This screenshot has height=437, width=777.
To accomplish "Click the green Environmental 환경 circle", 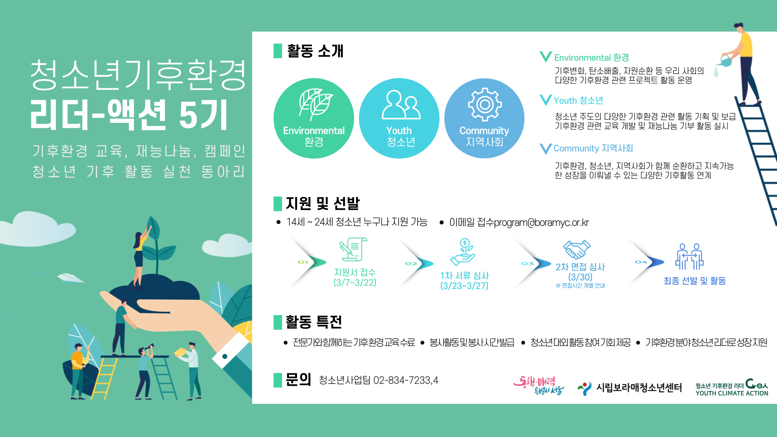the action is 314,118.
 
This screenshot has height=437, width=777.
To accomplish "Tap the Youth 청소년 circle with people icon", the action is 399,118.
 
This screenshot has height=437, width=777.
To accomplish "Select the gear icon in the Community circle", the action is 484,104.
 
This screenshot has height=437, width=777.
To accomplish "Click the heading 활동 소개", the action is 315,51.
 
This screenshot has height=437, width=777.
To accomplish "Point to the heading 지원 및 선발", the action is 323,203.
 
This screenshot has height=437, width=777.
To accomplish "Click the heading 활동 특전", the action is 314,322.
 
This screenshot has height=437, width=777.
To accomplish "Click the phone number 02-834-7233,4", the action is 405,380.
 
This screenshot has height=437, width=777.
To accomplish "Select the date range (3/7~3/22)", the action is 355,282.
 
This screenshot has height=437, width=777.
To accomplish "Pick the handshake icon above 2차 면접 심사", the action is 577,249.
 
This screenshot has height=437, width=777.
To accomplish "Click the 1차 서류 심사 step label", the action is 465,276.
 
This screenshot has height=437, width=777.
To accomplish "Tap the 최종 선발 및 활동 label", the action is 694,281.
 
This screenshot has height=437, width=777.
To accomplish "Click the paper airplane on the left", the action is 71,278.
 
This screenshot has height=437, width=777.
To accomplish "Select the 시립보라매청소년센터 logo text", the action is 639,388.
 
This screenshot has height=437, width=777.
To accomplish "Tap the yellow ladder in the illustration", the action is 103,378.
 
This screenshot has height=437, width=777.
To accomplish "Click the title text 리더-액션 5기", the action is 129,115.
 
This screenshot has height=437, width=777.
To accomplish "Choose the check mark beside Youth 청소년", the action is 546,100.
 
